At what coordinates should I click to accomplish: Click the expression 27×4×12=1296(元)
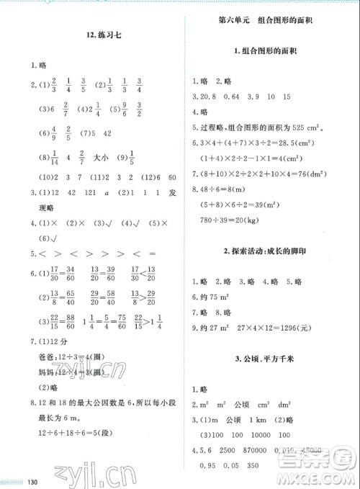click(x=274, y=328)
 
